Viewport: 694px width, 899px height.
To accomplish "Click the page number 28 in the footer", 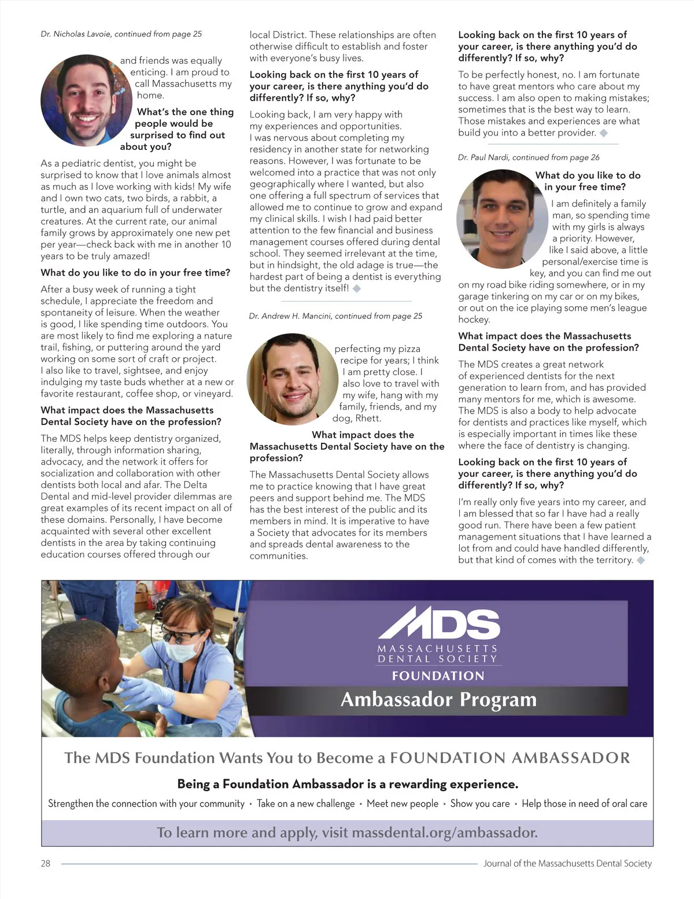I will click(x=46, y=863).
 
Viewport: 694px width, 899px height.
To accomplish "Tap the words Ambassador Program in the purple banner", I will click(x=438, y=699).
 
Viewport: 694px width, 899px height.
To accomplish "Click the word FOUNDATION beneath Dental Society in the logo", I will click(x=438, y=676).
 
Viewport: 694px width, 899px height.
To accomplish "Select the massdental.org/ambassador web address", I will click(x=444, y=832).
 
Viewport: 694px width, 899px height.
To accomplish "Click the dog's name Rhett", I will click(x=368, y=418).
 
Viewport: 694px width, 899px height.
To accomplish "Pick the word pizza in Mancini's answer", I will click(x=409, y=348).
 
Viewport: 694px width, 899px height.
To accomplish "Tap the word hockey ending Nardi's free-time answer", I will click(x=474, y=320).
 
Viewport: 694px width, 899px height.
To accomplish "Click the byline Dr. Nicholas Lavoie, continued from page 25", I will click(x=121, y=34).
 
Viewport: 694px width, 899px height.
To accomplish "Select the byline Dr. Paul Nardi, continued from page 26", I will click(x=529, y=157).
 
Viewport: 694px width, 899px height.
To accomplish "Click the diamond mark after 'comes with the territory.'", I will click(x=641, y=560).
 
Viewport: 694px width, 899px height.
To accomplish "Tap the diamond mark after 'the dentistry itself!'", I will click(x=357, y=288).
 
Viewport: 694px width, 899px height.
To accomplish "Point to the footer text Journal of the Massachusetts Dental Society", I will click(x=567, y=863).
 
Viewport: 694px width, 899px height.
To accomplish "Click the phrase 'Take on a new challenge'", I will click(x=305, y=803).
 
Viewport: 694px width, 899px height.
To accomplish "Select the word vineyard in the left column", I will click(x=212, y=394).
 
